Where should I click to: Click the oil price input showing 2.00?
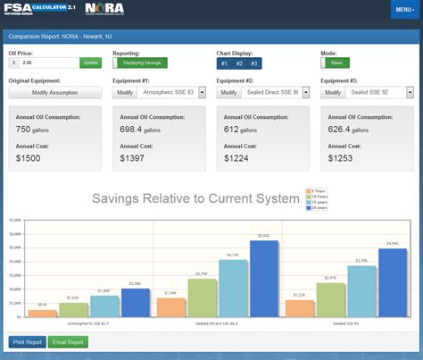pos(49,63)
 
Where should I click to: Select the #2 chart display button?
pos(238,63)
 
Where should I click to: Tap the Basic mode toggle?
pos(335,63)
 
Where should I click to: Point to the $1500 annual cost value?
pos(29,158)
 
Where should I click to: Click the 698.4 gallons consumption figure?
pos(142,130)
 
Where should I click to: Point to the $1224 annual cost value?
pos(236,158)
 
